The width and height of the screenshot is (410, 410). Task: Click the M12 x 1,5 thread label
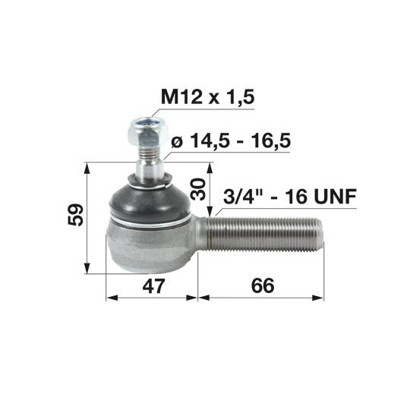pyautogui.click(x=208, y=97)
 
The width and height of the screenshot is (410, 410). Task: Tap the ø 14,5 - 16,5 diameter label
pyautogui.click(x=231, y=141)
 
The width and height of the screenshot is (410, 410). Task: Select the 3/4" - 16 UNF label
pyautogui.click(x=290, y=197)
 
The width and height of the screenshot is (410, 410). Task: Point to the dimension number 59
pyautogui.click(x=76, y=215)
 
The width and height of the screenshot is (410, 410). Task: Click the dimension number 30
pyautogui.click(x=198, y=189)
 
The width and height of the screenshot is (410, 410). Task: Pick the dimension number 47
pyautogui.click(x=153, y=285)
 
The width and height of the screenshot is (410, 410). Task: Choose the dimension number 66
pyautogui.click(x=263, y=285)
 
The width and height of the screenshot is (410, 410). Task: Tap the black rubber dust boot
pyautogui.click(x=150, y=200)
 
